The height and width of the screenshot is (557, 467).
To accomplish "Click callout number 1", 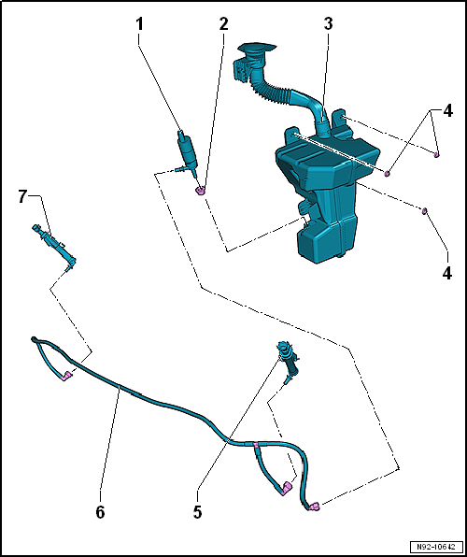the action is coord(139,24).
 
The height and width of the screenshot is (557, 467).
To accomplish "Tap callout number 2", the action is coord(223,24).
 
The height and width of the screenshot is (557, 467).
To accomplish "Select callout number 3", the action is coord(328,24).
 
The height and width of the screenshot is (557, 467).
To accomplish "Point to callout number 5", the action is coord(197,512).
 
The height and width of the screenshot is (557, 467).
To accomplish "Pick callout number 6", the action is coord(101,512).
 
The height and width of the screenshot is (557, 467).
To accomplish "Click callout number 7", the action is coord(22,197).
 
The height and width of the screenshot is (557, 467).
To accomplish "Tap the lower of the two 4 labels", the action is coord(447,273).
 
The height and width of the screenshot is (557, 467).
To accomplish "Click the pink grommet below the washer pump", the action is coord(201,191).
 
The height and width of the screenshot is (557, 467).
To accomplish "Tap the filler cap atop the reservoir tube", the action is coord(257,49).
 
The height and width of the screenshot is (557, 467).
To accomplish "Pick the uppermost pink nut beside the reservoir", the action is coord(436,154).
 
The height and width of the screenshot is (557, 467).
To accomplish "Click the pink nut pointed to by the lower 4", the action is coord(424,212).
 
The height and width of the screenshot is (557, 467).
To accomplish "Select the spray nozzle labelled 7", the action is coord(55,245).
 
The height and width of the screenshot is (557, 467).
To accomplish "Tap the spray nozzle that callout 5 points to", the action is coord(290,362).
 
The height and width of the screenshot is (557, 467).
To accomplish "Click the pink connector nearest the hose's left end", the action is coord(66,376).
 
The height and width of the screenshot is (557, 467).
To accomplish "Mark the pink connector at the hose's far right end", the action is coord(314,507).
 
